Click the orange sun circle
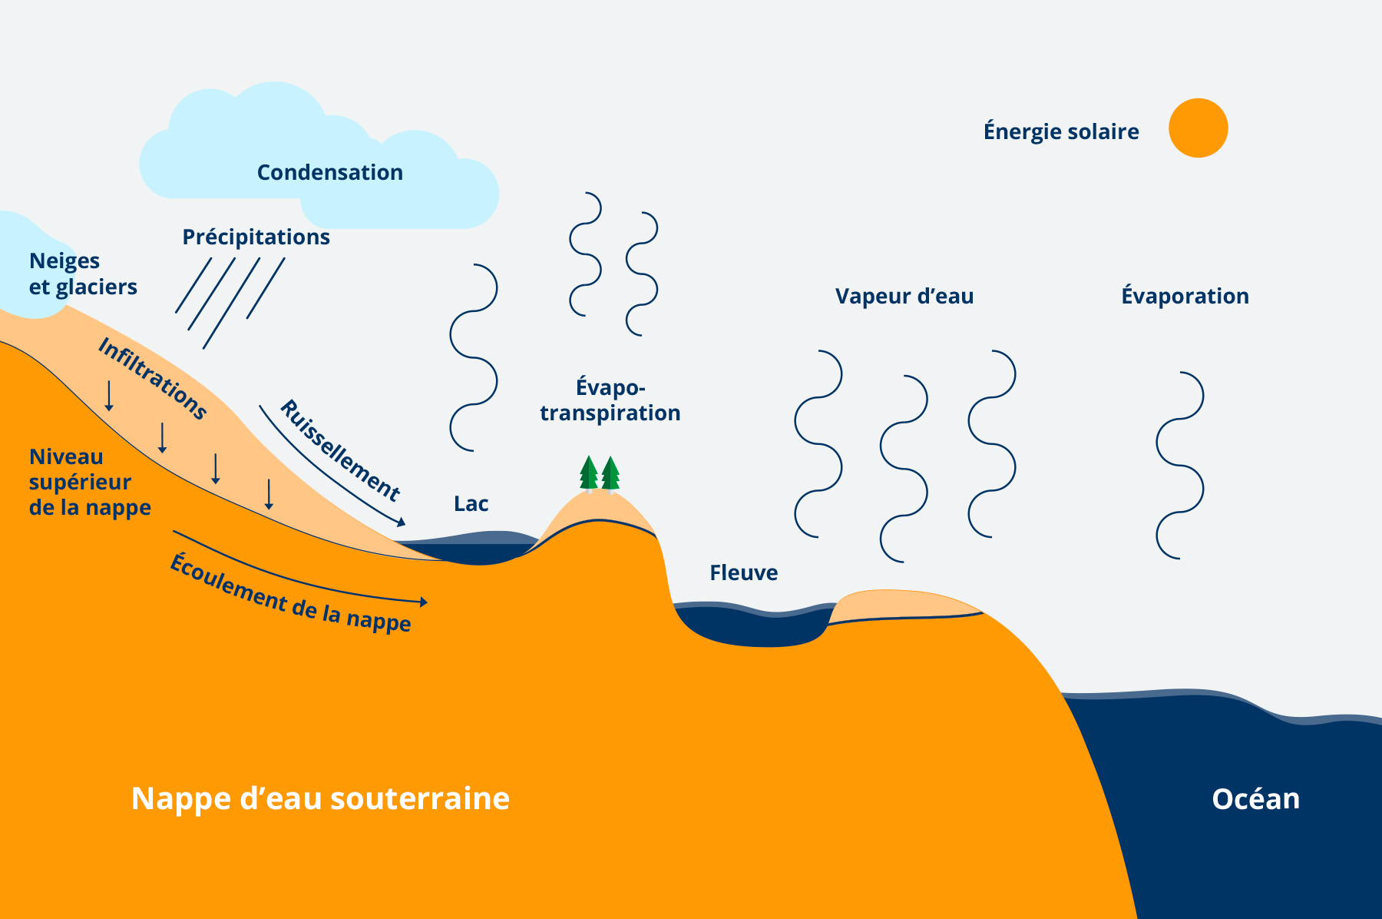(1198, 128)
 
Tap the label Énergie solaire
(1061, 131)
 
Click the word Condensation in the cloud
(329, 172)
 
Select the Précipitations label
(256, 237)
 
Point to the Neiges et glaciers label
(83, 274)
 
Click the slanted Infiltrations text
(153, 379)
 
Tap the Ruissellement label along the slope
(339, 450)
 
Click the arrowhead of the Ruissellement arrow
(402, 523)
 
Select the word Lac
(471, 504)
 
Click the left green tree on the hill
(588, 473)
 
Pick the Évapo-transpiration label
(610, 400)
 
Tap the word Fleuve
(743, 572)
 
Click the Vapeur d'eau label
(904, 296)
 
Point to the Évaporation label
(1185, 296)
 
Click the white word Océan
(1255, 799)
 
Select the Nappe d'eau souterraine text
(320, 798)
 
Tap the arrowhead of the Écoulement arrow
(424, 602)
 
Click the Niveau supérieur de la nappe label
(89, 482)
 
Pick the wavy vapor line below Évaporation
(1180, 465)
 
